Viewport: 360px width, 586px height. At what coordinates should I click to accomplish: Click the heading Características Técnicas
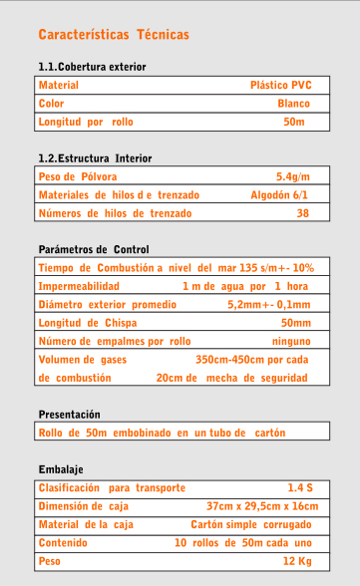114,35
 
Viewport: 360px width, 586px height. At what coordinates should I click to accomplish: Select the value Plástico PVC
280,86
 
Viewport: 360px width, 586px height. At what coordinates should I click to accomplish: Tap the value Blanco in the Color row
293,104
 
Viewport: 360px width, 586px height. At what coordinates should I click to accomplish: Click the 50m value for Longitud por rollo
294,122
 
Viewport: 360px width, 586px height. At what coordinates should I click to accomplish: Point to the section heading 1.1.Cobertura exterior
92,67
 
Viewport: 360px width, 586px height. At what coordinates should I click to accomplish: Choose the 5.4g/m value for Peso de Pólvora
293,176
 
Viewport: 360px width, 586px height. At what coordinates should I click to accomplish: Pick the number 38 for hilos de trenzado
303,213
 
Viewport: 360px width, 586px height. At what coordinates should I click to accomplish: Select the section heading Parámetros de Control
93,248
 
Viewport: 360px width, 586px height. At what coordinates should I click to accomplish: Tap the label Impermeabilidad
79,286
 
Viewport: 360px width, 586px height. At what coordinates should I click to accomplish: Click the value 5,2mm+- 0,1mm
268,305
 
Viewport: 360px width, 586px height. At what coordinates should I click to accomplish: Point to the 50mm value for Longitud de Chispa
295,323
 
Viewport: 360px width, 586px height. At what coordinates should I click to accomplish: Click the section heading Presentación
69,414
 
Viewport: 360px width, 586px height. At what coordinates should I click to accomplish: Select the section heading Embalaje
60,469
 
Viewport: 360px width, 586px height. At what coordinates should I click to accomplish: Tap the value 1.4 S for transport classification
300,488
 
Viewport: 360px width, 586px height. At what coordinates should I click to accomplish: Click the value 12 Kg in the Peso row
297,561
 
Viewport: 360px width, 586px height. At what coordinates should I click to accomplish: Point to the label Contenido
64,543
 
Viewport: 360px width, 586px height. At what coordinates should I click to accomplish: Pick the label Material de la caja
86,524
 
